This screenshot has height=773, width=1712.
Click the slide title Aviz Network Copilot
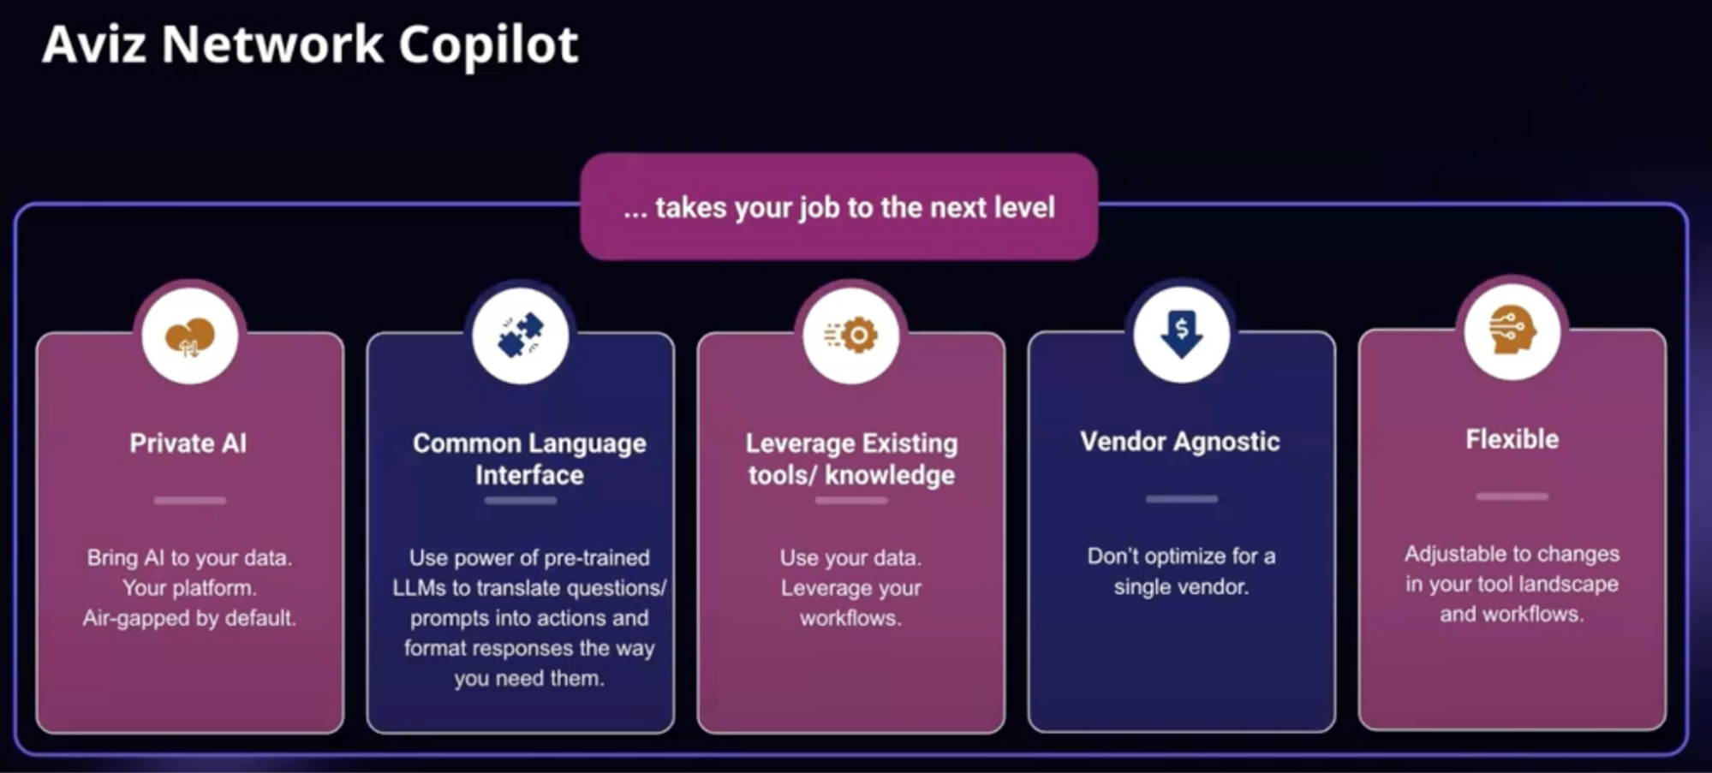[x=310, y=45]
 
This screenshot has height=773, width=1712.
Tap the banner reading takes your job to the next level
[x=839, y=207]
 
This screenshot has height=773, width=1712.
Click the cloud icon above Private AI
[x=190, y=336]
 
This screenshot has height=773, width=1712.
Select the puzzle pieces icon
[x=521, y=335]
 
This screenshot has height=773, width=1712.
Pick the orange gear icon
[x=851, y=335]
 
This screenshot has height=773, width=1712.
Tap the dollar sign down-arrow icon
[x=1182, y=334]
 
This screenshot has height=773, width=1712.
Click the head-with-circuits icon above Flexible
[x=1512, y=330]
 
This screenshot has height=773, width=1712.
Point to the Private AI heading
[x=188, y=443]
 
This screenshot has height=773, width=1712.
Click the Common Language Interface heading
[x=529, y=459]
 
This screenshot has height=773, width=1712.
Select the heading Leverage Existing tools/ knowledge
[x=851, y=459]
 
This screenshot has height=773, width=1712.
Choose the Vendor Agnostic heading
[x=1180, y=442]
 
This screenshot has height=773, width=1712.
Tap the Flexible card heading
[x=1512, y=439]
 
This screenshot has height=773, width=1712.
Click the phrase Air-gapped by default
[x=189, y=618]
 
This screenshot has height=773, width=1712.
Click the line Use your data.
[x=850, y=557]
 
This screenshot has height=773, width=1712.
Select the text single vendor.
[x=1181, y=587]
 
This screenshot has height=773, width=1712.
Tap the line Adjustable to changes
[x=1512, y=554]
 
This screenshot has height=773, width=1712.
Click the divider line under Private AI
[x=190, y=500]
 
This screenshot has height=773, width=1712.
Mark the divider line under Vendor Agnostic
[x=1182, y=498]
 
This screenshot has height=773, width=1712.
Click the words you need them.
[x=529, y=679]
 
